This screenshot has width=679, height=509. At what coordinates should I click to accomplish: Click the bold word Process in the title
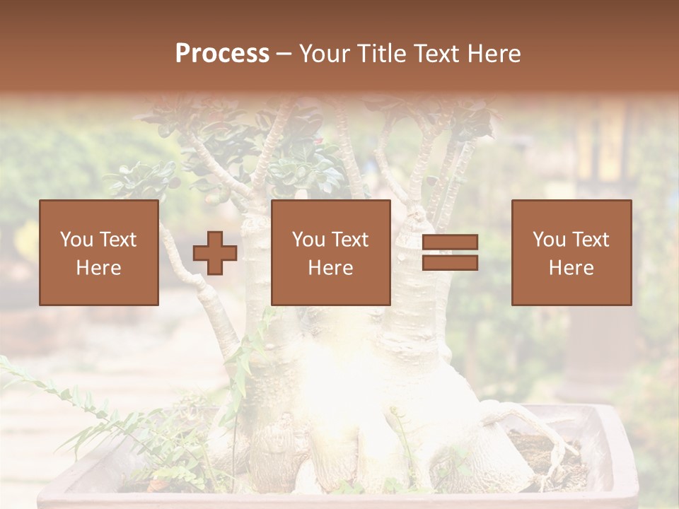pos(222,53)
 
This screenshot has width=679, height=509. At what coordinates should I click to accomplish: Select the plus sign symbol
pos(215,252)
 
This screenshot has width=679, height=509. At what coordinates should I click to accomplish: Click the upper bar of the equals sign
pos(450,242)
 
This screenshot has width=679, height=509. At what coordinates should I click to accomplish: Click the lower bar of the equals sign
pos(450,262)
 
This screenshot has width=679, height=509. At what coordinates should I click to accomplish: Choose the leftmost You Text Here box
pos(98,252)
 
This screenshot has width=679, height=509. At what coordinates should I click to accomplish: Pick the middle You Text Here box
pos(330,252)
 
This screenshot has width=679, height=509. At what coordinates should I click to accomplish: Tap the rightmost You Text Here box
pos(571,252)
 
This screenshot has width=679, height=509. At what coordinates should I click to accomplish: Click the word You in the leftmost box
pos(76,240)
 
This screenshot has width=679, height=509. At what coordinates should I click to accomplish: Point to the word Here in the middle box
pos(330,268)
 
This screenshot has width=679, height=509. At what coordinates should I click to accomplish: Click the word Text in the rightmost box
pos(589,240)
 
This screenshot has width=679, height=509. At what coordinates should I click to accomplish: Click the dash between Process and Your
pos(284,54)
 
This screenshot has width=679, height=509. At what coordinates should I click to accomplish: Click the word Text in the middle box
pos(349,240)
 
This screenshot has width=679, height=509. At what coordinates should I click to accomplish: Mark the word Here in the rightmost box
pos(571,268)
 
